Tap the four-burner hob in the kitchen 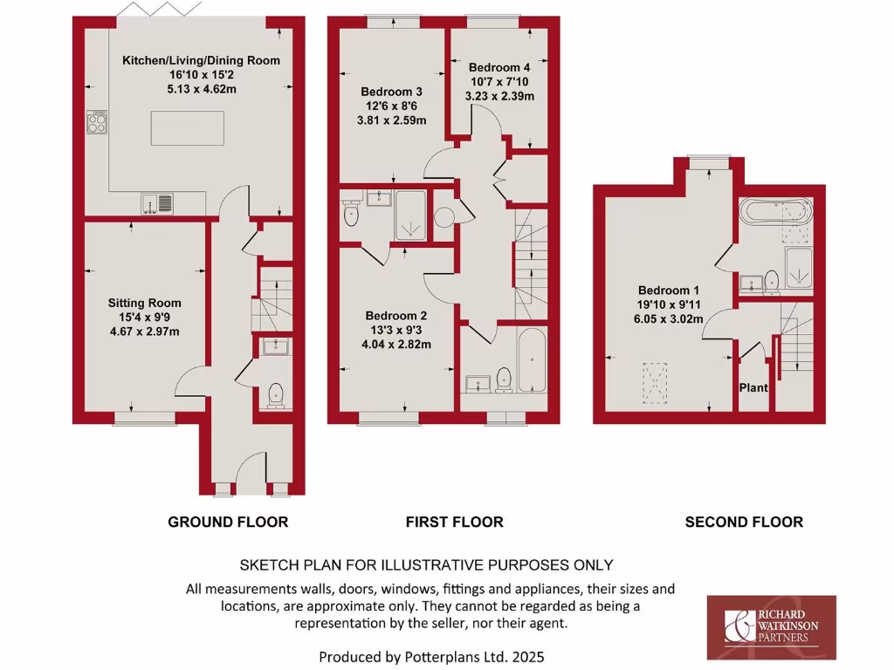pos(96,122)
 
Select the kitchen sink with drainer pos(157,203)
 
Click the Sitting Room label pos(145,303)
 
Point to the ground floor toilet pos(277,394)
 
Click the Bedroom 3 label pos(392,92)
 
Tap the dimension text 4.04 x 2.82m pos(397,344)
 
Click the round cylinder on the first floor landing pos(444,217)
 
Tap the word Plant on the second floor pos(753,386)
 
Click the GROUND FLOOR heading pos(228,522)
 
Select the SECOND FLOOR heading pos(744,522)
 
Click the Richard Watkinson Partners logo pos(771,627)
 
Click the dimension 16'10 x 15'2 pos(201,75)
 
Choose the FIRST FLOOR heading pos(454,522)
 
